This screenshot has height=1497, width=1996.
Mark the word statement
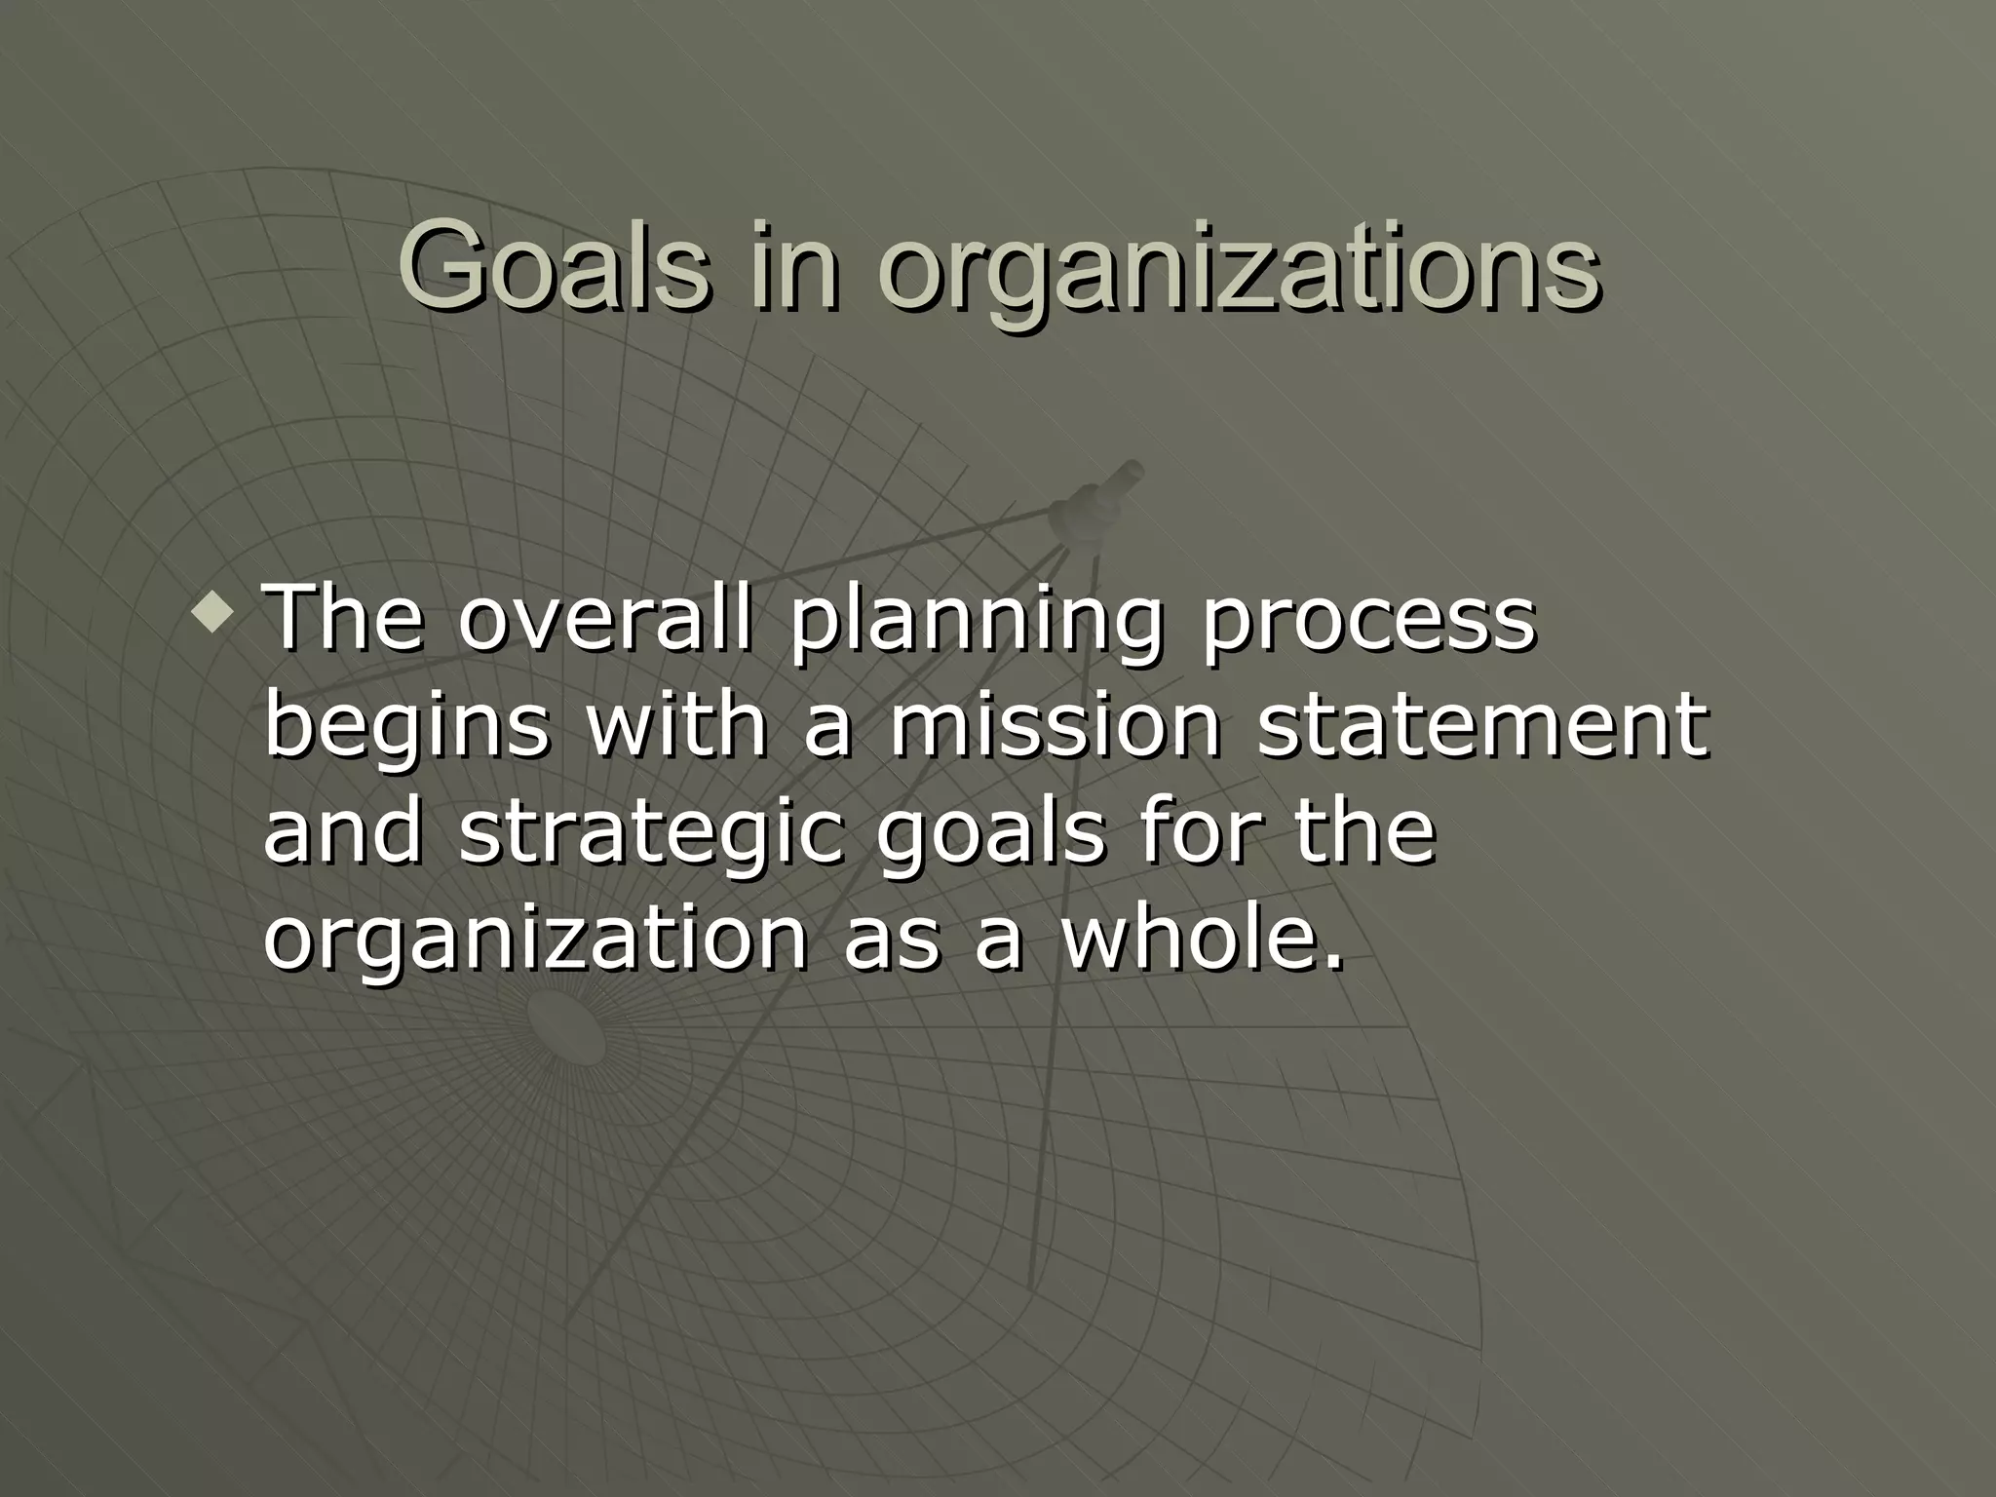1482,727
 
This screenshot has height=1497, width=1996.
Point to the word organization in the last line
536,941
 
